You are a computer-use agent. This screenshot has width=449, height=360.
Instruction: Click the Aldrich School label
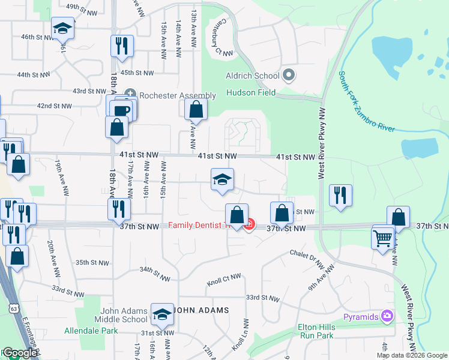click(x=252, y=76)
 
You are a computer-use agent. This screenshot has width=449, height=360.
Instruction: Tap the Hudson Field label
click(x=250, y=92)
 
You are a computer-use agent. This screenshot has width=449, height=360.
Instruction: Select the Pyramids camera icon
click(x=388, y=316)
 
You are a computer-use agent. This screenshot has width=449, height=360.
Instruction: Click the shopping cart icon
click(x=383, y=238)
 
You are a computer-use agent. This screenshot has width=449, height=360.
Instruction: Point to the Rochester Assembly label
click(x=176, y=95)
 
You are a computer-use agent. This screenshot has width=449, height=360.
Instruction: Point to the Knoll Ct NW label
click(x=224, y=278)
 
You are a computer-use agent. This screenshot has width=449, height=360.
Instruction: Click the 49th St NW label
click(x=82, y=7)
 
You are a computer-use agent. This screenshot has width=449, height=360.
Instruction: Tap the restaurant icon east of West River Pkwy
click(x=340, y=195)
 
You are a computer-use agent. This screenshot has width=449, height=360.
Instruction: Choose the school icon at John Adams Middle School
click(x=161, y=314)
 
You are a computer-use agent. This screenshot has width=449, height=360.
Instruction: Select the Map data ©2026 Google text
click(x=412, y=355)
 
